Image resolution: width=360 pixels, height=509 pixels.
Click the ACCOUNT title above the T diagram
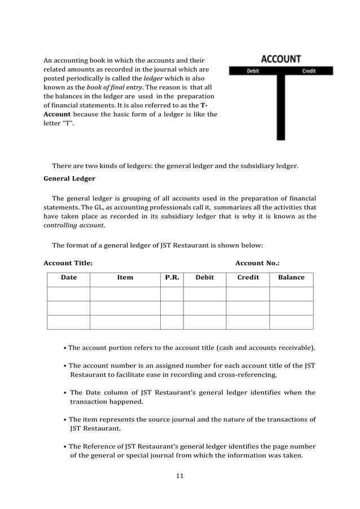[x=280, y=59]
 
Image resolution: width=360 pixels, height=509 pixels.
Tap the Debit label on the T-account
[x=253, y=71]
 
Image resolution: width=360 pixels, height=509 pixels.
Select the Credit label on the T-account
[x=309, y=71]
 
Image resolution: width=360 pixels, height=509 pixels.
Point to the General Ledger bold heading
[x=69, y=179]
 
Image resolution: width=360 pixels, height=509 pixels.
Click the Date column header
[x=69, y=277]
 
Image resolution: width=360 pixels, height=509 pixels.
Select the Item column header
[x=125, y=277]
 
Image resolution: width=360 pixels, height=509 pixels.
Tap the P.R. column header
[x=172, y=277]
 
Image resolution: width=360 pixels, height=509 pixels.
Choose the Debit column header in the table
[x=204, y=277]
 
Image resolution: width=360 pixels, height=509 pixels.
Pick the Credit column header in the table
[x=248, y=277]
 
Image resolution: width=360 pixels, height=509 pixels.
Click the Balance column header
[x=291, y=277]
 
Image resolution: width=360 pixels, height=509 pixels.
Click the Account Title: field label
[x=68, y=263]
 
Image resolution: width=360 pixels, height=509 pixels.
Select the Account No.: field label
[x=257, y=263]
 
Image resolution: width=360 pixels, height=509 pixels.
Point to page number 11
[x=180, y=476]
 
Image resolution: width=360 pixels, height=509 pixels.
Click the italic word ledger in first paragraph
[x=152, y=78]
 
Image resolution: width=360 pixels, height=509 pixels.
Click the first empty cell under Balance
[x=291, y=294]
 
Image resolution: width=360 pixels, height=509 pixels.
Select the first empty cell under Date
[x=69, y=294]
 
